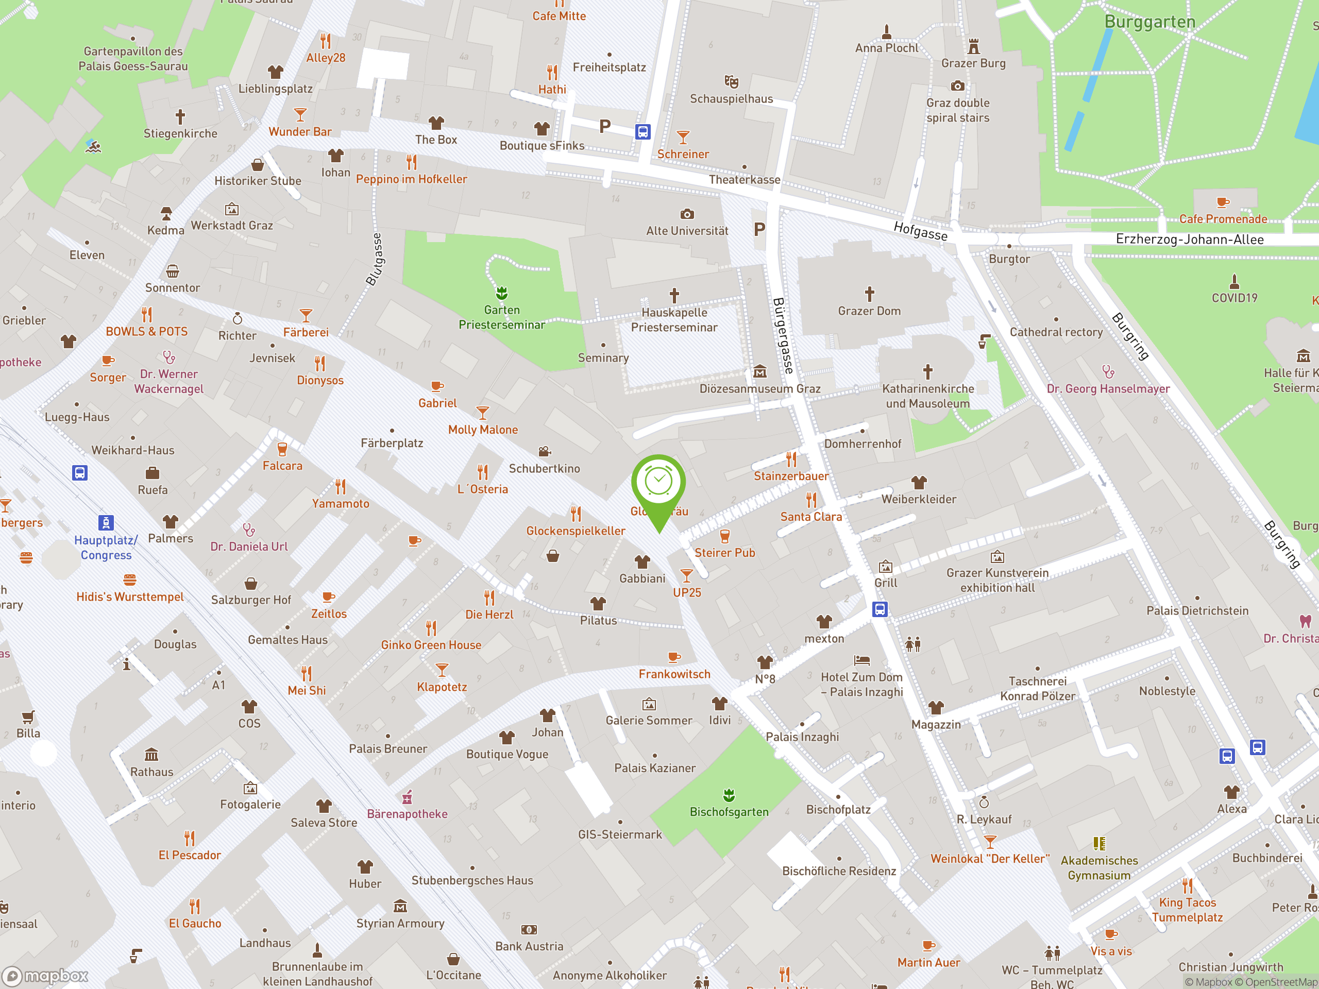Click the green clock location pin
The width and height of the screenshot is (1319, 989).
[658, 483]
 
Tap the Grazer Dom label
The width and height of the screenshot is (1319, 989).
[869, 311]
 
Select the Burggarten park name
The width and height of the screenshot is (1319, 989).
[1149, 22]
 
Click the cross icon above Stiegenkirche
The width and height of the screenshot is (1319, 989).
[180, 116]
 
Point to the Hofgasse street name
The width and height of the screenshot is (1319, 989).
[920, 230]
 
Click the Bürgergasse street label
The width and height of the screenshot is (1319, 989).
[783, 336]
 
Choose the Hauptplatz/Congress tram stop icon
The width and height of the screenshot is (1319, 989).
[106, 522]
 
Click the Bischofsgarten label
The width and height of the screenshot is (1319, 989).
[729, 812]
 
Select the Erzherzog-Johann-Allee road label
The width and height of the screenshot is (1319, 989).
[1189, 240]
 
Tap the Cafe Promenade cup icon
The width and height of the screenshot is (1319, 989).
[1223, 202]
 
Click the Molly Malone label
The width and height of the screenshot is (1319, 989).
[482, 430]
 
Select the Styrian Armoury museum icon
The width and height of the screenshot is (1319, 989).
[400, 907]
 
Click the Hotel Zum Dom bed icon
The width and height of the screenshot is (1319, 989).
[861, 660]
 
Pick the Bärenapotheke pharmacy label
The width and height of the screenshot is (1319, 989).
[407, 814]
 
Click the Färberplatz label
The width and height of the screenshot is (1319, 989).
[392, 443]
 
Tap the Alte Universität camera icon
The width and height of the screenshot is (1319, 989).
[687, 214]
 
